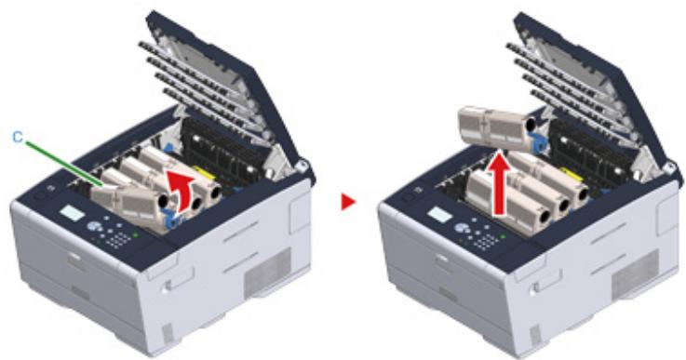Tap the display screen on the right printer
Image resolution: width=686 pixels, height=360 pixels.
(438, 216)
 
